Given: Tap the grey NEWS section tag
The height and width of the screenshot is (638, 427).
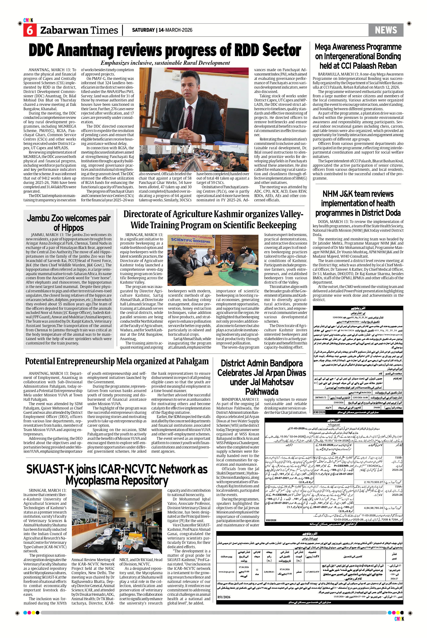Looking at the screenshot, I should coord(386,30).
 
